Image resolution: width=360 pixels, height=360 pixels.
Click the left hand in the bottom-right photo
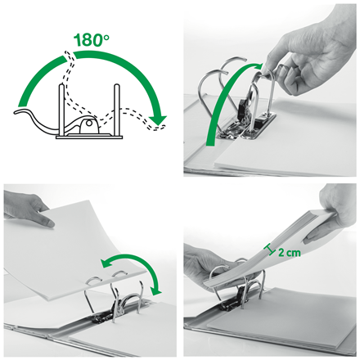pos(205,263)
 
